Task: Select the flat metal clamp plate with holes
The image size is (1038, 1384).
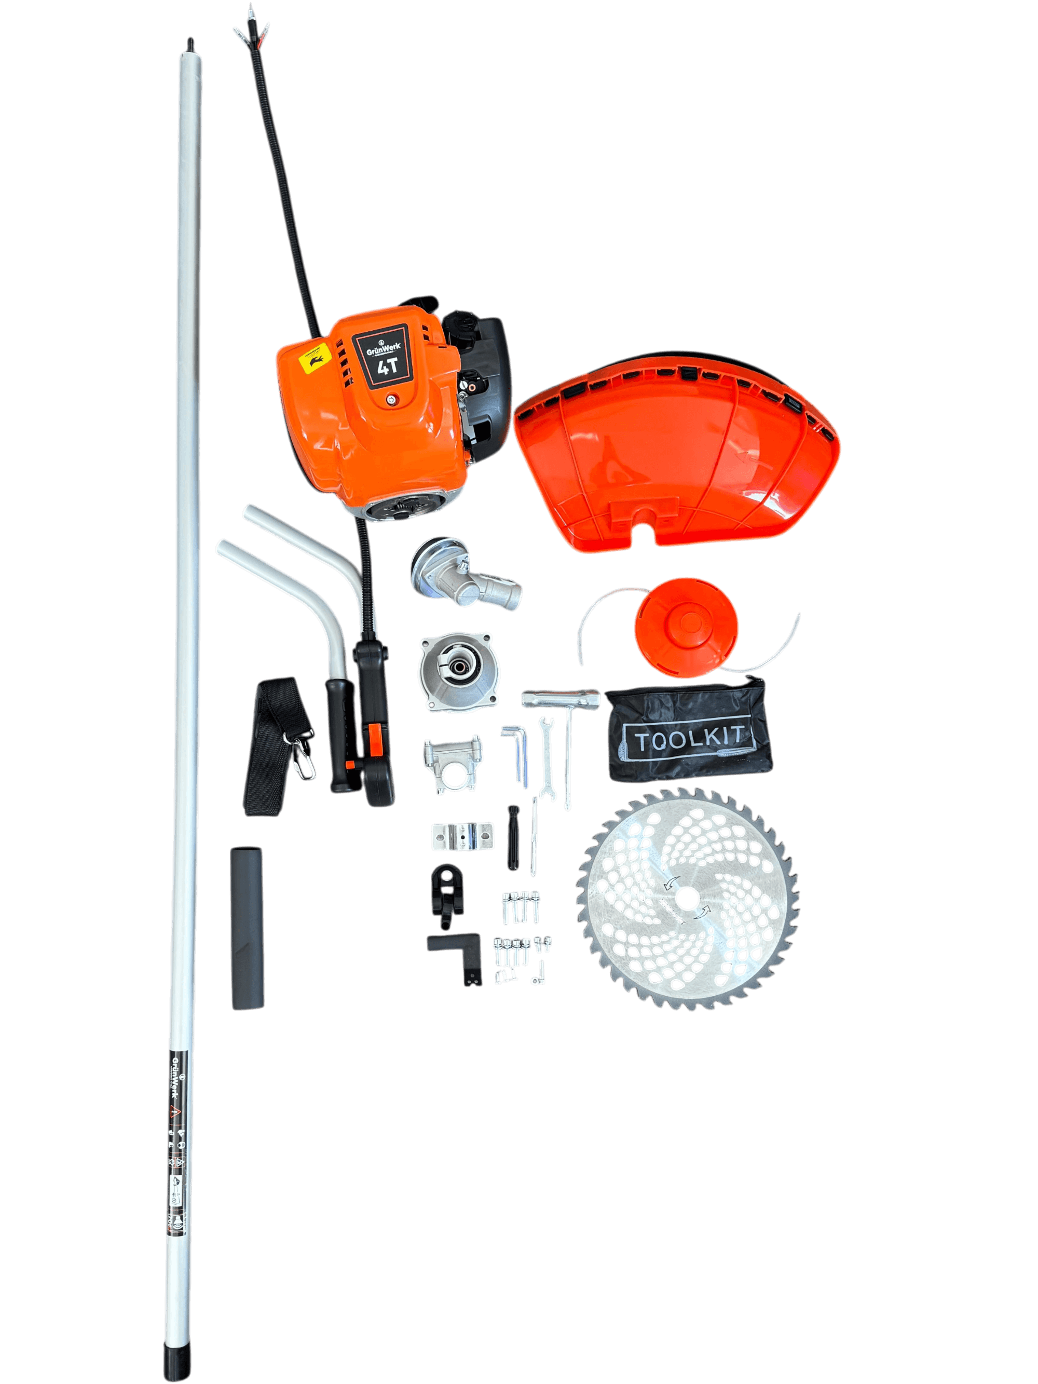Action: click(x=462, y=836)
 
